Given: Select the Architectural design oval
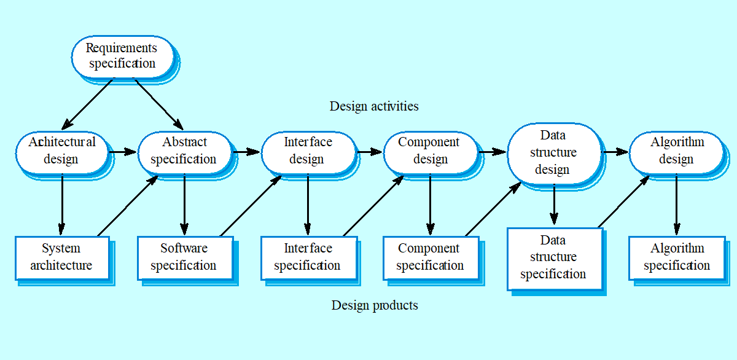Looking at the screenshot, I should [x=61, y=151].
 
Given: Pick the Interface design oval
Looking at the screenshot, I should [x=308, y=151].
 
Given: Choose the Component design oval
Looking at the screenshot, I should [x=429, y=151].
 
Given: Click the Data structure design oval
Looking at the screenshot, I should [x=553, y=152].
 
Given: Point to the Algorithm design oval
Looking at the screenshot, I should [x=676, y=151].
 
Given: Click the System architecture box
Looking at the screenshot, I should [x=61, y=257].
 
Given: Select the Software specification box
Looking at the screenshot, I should [x=184, y=257].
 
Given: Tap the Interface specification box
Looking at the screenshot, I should [x=308, y=257].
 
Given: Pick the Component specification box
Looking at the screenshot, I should [x=430, y=257].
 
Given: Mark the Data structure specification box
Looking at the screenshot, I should [x=553, y=257].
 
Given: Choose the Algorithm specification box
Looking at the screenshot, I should [x=676, y=257].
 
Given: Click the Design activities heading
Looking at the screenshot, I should [x=374, y=106].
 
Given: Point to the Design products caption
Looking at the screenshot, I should [x=375, y=305].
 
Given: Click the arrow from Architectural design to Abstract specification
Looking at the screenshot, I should [x=122, y=151].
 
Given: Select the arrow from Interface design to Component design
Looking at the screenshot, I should [x=370, y=151].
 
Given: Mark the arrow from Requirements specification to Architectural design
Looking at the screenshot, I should [x=88, y=103].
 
